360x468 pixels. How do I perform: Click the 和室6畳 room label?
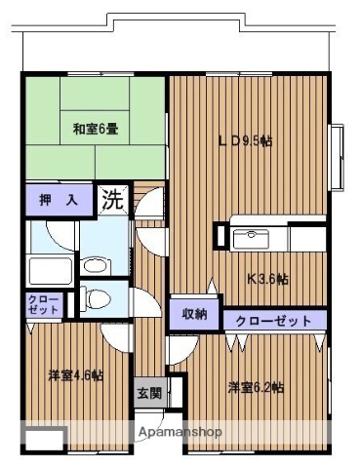pyautogui.click(x=95, y=128)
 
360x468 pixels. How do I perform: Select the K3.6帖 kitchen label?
pyautogui.click(x=266, y=278)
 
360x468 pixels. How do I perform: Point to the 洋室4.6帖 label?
pyautogui.click(x=76, y=374)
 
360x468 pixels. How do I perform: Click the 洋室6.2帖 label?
pyautogui.click(x=256, y=387)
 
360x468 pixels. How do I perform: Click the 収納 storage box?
pyautogui.click(x=194, y=313)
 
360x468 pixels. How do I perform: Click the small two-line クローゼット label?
pyautogui.click(x=44, y=304)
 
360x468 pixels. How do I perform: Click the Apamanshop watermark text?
pyautogui.click(x=180, y=432)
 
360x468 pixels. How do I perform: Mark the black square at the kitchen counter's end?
pyautogui.click(x=221, y=236)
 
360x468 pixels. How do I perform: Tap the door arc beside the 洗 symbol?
pyautogui.click(x=148, y=207)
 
